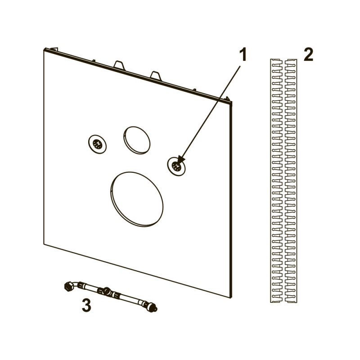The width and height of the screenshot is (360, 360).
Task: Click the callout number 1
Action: [243, 54]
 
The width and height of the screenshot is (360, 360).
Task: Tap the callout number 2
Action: [308, 54]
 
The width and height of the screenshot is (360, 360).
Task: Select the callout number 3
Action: [86, 306]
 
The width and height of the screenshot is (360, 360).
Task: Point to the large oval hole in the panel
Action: [137, 199]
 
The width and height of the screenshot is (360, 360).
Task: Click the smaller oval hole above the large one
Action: [137, 140]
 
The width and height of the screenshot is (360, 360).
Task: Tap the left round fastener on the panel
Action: [97, 144]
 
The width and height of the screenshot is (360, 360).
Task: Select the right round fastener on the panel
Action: [176, 166]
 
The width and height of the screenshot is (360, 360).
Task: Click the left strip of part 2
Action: [276, 181]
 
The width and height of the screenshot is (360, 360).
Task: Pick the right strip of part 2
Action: [291, 181]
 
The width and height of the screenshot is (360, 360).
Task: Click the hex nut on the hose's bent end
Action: [67, 287]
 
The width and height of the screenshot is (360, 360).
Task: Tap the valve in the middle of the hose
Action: [106, 292]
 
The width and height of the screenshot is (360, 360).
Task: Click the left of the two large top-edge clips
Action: [119, 65]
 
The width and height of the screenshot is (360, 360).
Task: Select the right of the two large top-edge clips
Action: [156, 76]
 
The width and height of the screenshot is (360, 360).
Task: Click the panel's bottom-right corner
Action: [230, 298]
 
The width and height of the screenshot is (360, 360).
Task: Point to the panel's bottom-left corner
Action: [44, 244]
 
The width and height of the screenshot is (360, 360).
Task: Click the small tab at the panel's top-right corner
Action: [228, 99]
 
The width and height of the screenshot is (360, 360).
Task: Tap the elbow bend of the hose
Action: [75, 284]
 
